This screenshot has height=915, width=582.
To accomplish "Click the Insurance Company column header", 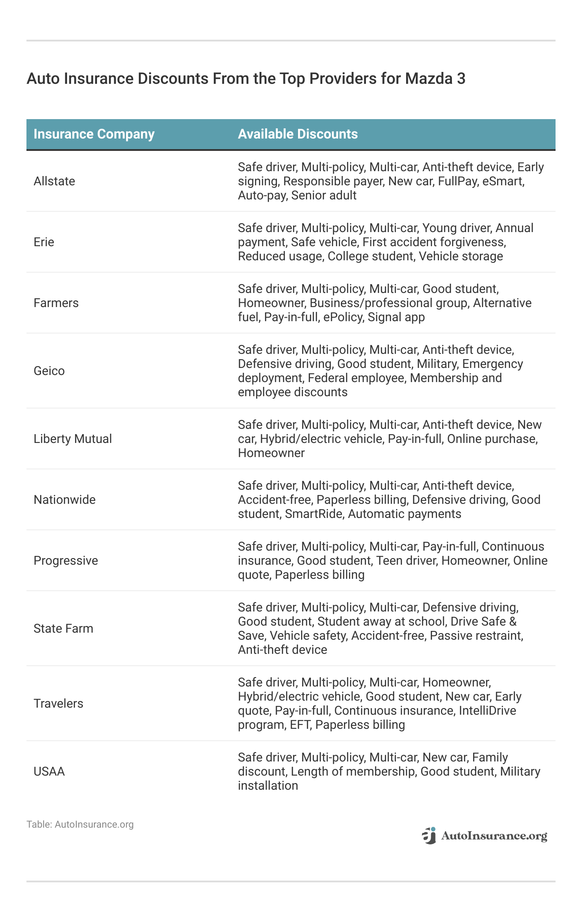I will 94,134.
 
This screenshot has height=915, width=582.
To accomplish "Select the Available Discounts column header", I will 298,134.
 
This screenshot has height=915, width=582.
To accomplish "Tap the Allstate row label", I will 54,181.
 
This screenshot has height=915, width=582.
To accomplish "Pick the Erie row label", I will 44,242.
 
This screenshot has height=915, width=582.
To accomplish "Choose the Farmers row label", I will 56,303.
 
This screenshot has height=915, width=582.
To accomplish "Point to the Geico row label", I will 49,371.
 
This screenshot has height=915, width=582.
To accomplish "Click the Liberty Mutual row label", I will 73,439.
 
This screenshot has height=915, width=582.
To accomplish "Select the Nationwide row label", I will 64,500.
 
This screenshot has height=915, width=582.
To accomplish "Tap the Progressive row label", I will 66,561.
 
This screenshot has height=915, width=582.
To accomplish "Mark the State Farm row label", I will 63,629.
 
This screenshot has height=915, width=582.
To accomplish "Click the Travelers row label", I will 58,704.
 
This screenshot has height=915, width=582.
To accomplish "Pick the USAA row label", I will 49,772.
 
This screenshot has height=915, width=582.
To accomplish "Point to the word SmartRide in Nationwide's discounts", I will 313,514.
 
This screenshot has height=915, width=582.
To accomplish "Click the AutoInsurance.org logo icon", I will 429,836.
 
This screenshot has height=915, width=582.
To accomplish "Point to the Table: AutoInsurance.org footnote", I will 80,825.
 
